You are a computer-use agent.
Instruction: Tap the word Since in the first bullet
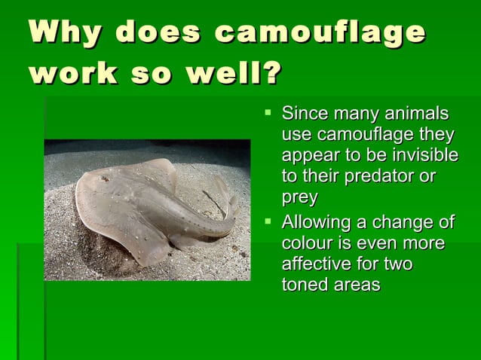[x=304, y=114]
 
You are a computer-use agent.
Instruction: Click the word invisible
[x=423, y=156]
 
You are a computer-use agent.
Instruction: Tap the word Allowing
[x=315, y=223]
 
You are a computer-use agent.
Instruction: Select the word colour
[x=306, y=244]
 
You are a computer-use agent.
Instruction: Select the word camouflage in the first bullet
[x=366, y=136]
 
